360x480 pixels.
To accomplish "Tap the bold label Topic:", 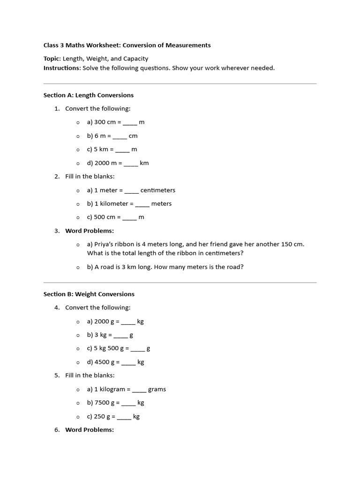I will (52, 59).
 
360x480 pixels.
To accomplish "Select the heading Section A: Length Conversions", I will (89, 95).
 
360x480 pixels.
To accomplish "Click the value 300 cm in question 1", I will (105, 122).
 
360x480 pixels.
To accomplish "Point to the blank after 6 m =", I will (120, 136).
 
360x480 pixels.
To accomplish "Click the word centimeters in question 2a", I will (157, 190).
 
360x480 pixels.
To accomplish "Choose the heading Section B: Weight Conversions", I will (89, 294).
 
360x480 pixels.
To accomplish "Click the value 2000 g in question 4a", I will (104, 322).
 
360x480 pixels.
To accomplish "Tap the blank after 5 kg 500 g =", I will (138, 349).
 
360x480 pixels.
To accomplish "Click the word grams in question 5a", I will (157, 390).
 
